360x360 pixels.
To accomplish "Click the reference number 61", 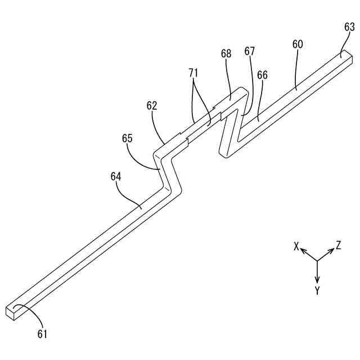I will tap(43, 334).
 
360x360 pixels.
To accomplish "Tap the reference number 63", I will tap(349, 26).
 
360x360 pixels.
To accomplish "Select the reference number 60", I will tap(298, 44).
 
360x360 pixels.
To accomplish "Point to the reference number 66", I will tap(262, 74).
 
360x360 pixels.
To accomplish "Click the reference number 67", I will tap(249, 51).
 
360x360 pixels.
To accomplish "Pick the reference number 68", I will tap(226, 53).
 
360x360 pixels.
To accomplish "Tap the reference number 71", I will tap(193, 72).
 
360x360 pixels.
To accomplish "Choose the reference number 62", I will tap(151, 105).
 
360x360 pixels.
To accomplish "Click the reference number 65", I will tap(127, 138).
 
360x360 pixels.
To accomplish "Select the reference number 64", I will tap(116, 177).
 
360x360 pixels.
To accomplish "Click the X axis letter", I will tap(296, 246).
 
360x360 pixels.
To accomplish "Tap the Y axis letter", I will tap(317, 291).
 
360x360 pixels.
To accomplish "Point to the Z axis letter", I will tap(339, 245).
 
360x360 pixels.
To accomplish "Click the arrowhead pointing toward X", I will tap(303, 251).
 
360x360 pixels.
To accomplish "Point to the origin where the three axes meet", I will tap(317, 260).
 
